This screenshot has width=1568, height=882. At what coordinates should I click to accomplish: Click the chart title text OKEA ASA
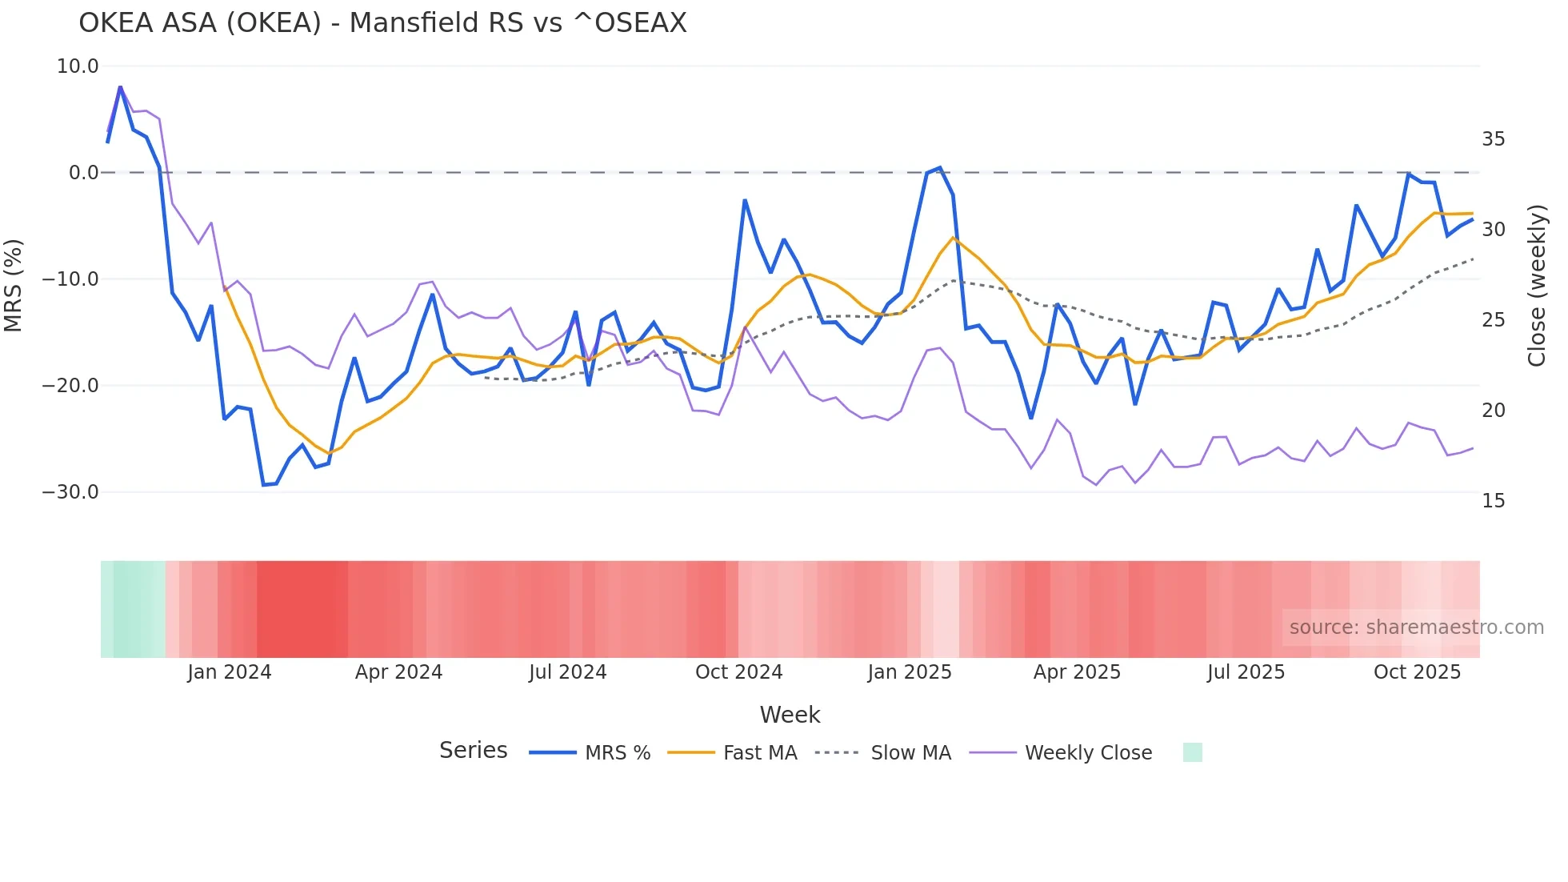point(382,23)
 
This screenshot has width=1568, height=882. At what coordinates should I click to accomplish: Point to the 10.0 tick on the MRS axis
point(78,66)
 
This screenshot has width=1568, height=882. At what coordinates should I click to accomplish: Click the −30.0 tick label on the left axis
point(70,492)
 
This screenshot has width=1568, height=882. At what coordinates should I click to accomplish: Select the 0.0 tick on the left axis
point(83,173)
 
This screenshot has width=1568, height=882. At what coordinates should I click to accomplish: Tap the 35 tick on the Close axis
point(1493,139)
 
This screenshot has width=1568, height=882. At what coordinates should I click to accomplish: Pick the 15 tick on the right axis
point(1493,501)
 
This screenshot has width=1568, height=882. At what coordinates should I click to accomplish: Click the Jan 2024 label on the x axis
point(230,672)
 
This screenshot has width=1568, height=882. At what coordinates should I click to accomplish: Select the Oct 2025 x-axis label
point(1417,672)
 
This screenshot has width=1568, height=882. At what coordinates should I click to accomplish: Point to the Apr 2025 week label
point(1077,672)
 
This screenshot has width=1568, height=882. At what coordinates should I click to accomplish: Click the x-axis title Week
point(790,715)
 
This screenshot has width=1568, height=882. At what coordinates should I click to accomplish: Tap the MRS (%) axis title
point(14,286)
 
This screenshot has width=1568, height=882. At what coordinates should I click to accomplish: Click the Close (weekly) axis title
point(1537,286)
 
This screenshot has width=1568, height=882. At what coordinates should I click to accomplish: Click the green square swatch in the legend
point(1192,753)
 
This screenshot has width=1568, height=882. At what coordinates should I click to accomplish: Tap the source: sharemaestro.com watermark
point(1416,627)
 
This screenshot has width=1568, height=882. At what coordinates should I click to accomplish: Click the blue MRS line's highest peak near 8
point(120,87)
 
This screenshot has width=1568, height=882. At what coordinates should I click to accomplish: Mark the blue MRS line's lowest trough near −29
point(263,485)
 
